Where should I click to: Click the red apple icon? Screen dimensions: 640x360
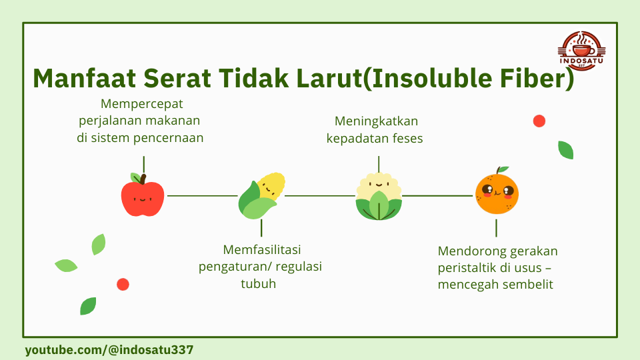point(143,196)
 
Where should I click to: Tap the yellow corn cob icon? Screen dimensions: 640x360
point(261,195)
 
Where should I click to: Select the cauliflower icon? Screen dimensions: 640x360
point(379,197)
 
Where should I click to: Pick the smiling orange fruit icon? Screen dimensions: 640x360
point(497,191)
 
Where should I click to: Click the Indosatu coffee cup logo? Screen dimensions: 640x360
point(581,51)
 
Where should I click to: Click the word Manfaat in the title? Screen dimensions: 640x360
point(84,79)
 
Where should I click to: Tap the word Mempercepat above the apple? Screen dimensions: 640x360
point(141,104)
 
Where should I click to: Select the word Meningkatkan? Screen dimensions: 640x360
point(376,121)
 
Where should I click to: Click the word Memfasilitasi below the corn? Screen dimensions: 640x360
point(262,249)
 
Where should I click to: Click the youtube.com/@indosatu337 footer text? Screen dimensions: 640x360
point(109,350)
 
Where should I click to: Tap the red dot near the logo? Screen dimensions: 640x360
point(539,121)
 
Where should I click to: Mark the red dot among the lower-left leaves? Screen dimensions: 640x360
point(123,285)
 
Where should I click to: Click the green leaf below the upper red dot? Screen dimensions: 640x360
point(566,150)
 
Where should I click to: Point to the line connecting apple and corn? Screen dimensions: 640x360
point(203,196)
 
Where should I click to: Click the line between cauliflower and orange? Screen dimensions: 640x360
point(437,196)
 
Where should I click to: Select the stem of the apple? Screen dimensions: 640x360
point(143,179)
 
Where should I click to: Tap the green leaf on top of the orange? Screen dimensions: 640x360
point(503,169)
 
